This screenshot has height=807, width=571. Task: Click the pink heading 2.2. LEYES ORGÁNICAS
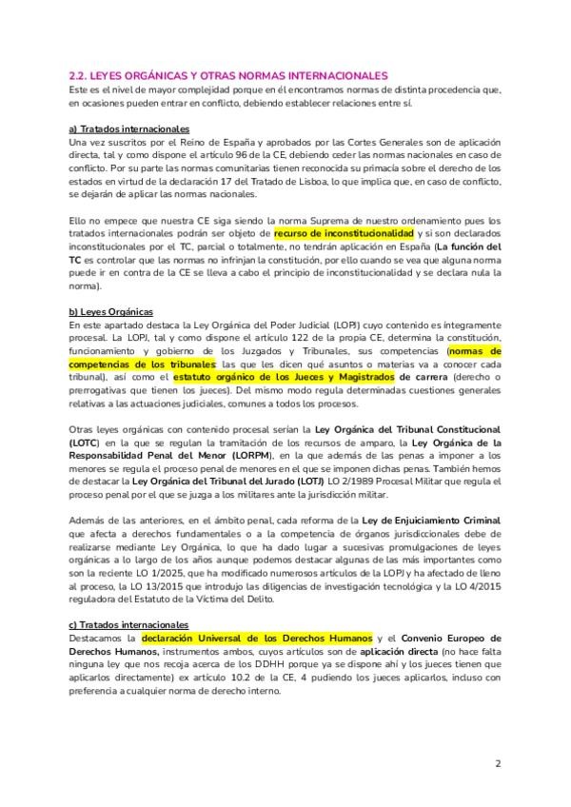[x=228, y=74]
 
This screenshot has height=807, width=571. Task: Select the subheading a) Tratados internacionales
[x=129, y=128]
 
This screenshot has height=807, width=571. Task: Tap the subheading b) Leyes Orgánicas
[x=111, y=311]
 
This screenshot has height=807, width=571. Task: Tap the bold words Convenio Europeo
[x=449, y=637]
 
